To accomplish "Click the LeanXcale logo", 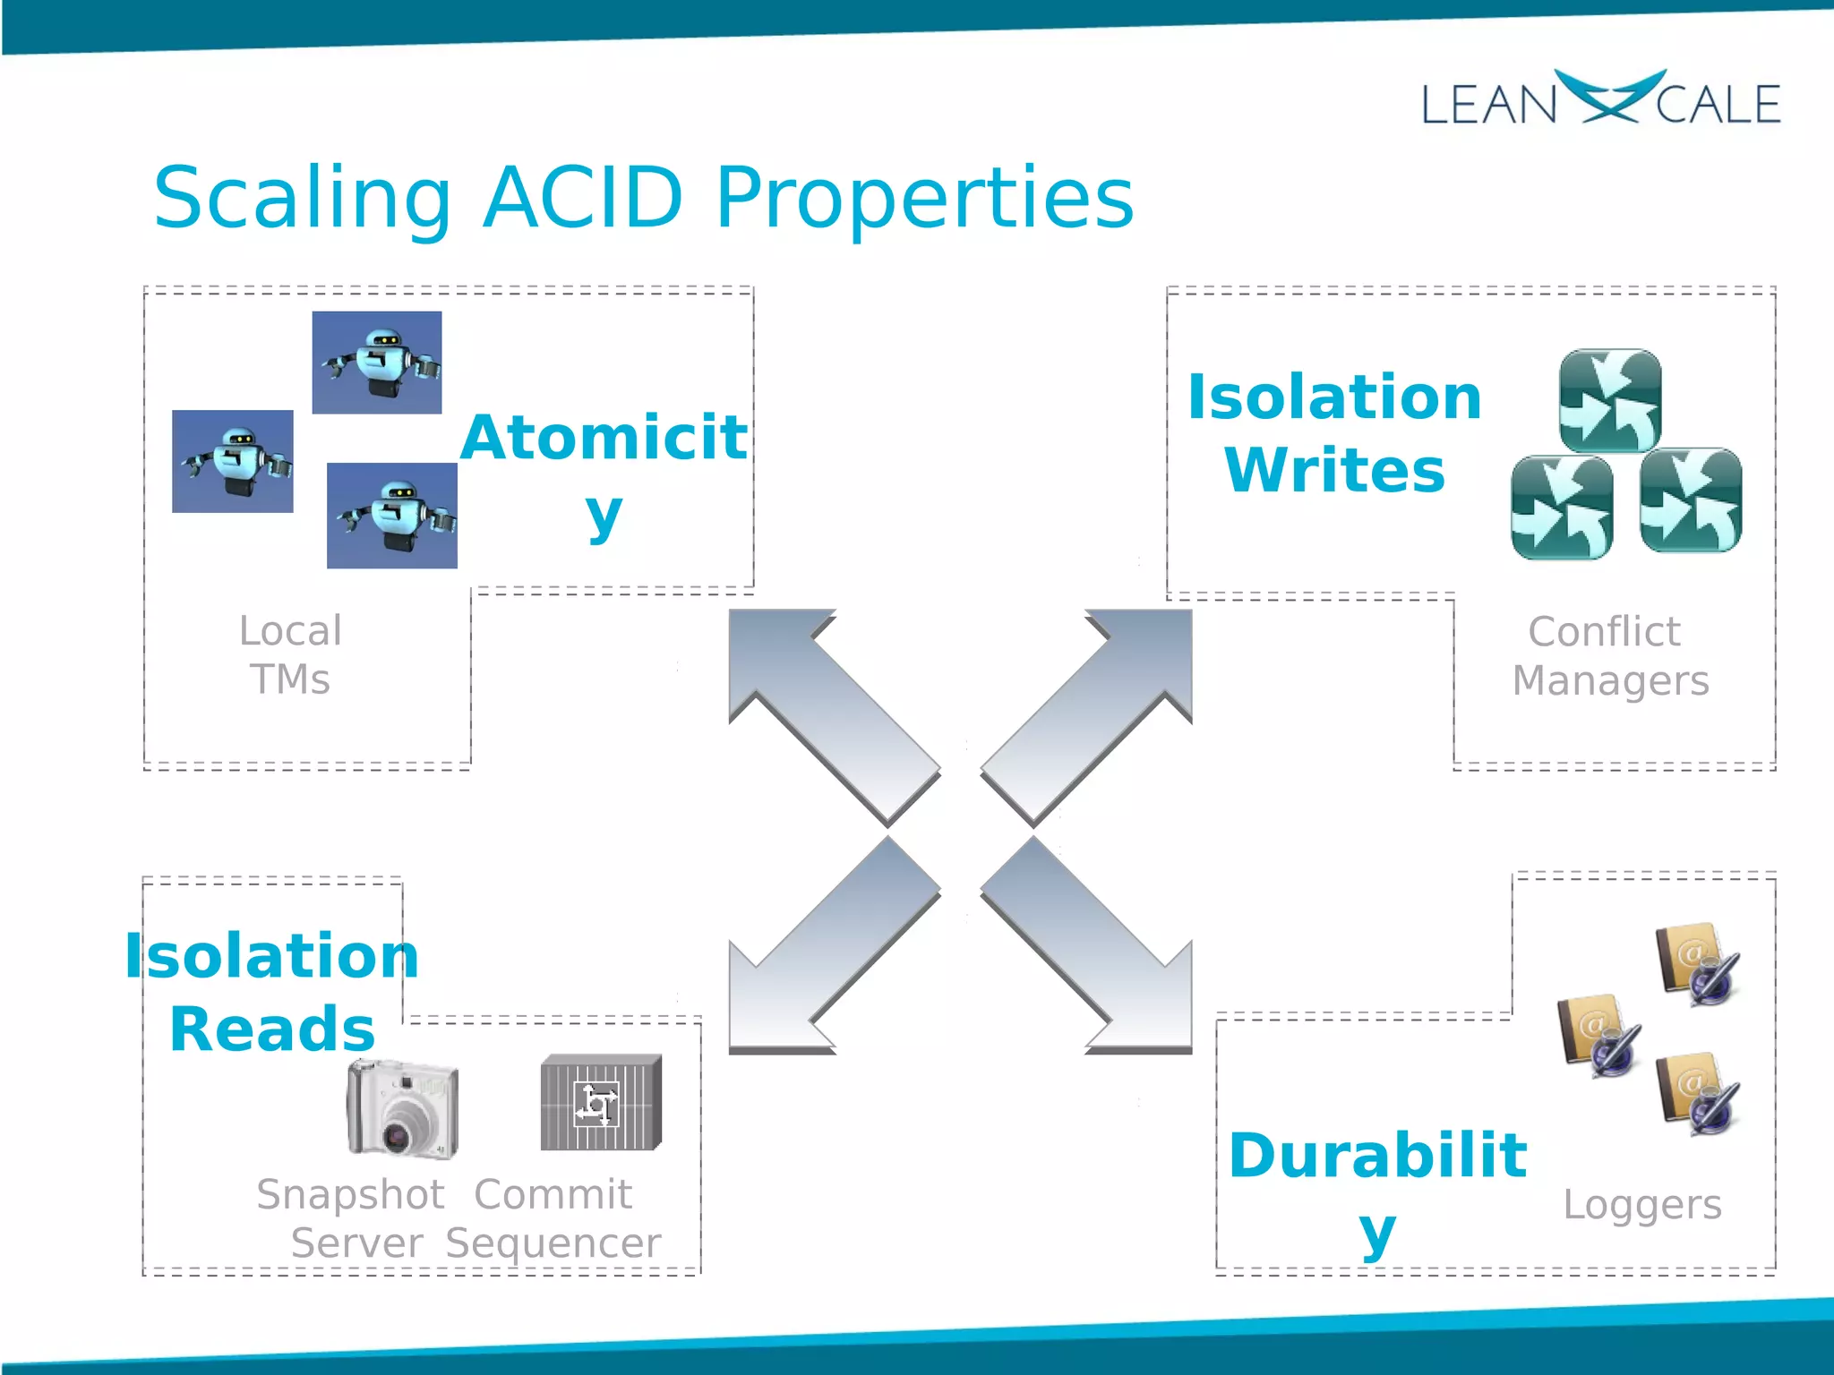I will point(1600,100).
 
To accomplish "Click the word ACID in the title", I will point(583,198).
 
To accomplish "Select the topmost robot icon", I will point(377,363).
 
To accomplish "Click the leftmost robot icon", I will point(233,461).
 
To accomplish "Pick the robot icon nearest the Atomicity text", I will point(392,516).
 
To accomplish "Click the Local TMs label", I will point(290,654).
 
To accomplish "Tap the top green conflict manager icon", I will point(1610,400).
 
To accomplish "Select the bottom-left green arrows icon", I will point(1562,507).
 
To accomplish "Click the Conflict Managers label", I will point(1609,655).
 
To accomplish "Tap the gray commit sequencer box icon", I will point(601,1102).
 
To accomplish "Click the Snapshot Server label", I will point(352,1218).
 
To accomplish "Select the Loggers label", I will point(1641,1204).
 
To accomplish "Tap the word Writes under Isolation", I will point(1334,470).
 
